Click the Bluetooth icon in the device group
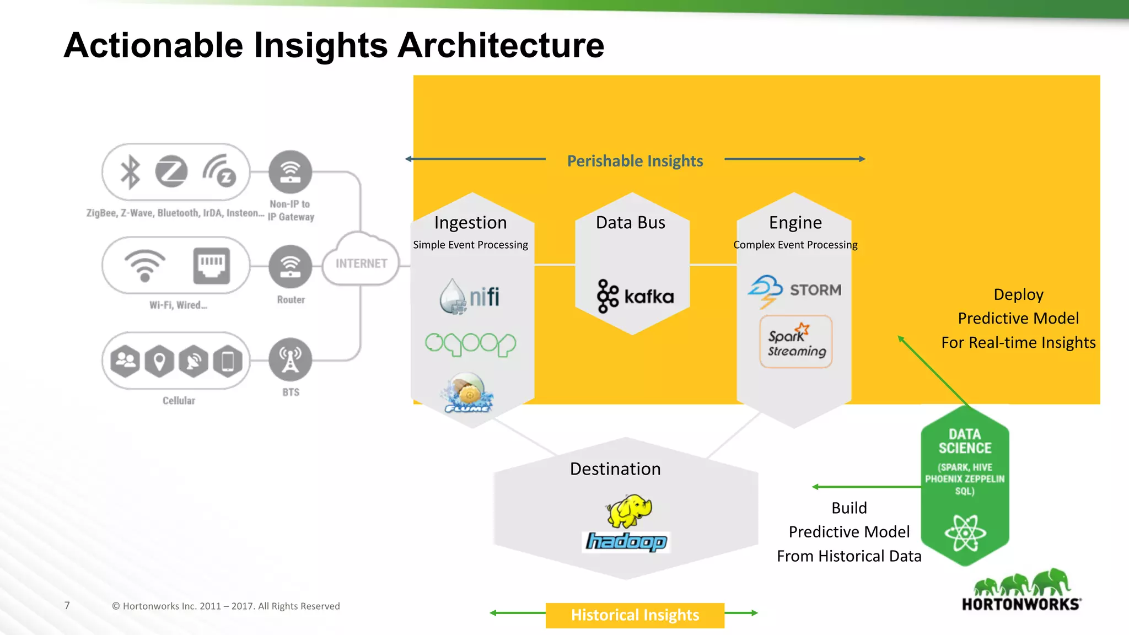pos(131,171)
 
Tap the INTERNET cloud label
pos(361,263)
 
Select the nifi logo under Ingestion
pos(470,297)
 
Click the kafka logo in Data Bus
pos(635,297)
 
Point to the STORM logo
pos(795,290)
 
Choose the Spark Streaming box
pos(795,342)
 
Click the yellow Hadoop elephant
pos(629,510)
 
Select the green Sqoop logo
pos(470,344)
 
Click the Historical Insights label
pos(635,615)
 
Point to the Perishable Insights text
pos(635,161)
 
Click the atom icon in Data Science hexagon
pos(965,533)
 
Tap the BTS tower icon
pos(290,359)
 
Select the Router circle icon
pos(290,266)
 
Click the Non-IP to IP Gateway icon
pos(290,171)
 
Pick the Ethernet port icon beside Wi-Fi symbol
pos(211,266)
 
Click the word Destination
pos(615,469)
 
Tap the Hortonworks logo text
pos(1021,604)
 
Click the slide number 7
pos(67,606)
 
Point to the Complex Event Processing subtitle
pos(795,245)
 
